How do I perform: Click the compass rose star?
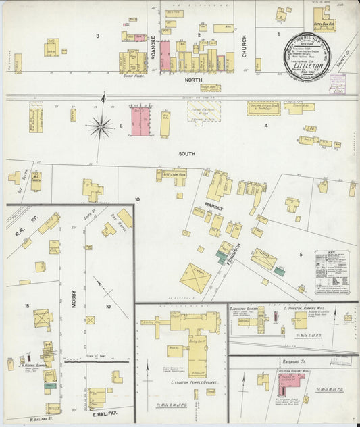point(101,125)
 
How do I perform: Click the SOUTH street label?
point(186,154)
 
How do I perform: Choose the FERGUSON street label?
point(232,255)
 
